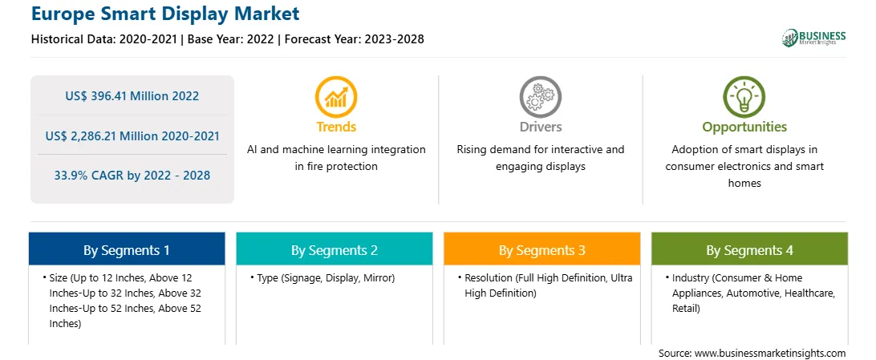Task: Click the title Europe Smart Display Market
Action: pos(165,14)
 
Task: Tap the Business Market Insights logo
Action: pos(814,38)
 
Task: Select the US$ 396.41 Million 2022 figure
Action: pos(132,96)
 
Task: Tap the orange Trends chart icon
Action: pos(336,96)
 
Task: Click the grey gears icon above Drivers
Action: pos(540,96)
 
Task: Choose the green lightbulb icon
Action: pos(744,96)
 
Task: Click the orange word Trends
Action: pos(336,127)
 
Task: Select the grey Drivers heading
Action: pos(541,127)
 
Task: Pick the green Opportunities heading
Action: pos(744,127)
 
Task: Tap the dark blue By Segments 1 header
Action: pos(127,249)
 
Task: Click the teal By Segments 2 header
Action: pos(334,249)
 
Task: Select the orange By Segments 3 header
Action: pos(542,249)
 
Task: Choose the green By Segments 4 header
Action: pos(750,249)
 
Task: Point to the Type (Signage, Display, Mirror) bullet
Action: pos(322,278)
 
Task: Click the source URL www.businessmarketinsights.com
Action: pos(770,353)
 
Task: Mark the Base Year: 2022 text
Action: pos(232,39)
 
